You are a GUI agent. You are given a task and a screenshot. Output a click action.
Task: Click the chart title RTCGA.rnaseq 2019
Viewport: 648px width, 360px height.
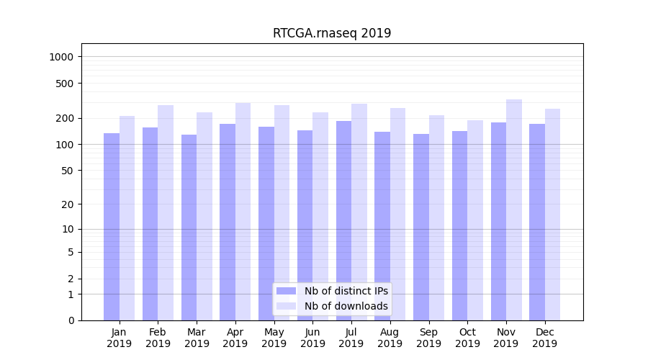pyautogui.click(x=332, y=33)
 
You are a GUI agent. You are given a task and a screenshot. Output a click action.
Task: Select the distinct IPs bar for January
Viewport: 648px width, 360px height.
pyautogui.click(x=112, y=227)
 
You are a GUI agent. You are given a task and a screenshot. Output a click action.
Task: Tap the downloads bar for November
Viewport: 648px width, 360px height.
pyautogui.click(x=514, y=210)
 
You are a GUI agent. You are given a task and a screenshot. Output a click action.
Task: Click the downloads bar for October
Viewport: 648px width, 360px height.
pyautogui.click(x=475, y=220)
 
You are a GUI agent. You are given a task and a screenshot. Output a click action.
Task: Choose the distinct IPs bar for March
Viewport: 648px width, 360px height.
pyautogui.click(x=189, y=228)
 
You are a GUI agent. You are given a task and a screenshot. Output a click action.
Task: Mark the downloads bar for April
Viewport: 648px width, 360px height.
pyautogui.click(x=243, y=212)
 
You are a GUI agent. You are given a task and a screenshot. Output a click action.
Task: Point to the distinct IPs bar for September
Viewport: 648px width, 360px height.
pyautogui.click(x=421, y=227)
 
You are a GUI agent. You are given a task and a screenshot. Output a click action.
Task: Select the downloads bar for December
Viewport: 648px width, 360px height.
pyautogui.click(x=553, y=215)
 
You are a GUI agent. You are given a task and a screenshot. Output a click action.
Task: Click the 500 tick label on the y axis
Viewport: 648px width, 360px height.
pyautogui.click(x=66, y=84)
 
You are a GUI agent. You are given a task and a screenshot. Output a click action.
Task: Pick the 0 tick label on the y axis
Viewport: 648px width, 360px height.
pyautogui.click(x=71, y=320)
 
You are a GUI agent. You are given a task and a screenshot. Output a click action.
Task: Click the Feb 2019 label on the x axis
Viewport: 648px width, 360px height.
pyautogui.click(x=158, y=338)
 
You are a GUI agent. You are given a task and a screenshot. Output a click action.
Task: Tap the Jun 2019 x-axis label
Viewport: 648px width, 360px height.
pyautogui.click(x=312, y=338)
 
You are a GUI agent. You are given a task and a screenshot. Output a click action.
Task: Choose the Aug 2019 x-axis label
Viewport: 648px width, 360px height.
pyautogui.click(x=390, y=338)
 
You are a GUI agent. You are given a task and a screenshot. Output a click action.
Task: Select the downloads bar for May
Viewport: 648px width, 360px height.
pyautogui.click(x=282, y=212)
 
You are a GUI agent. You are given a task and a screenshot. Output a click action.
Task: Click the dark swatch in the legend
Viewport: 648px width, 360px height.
pyautogui.click(x=286, y=291)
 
